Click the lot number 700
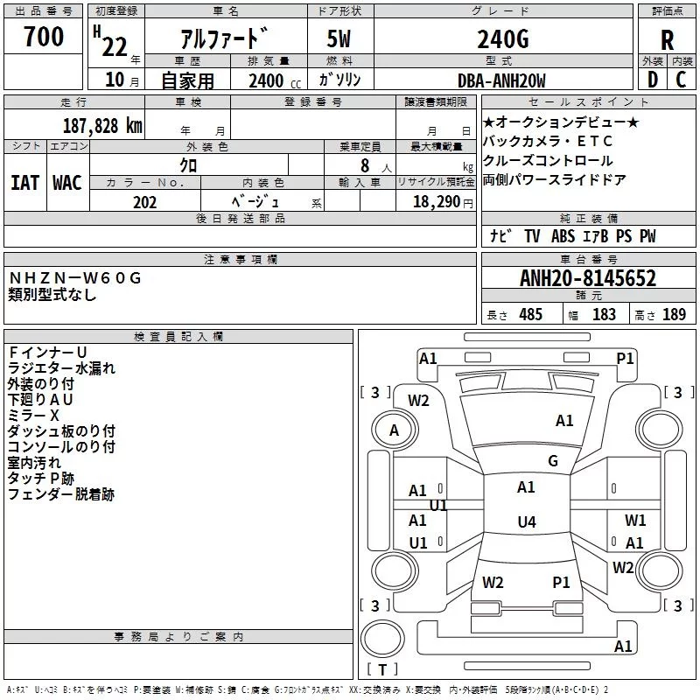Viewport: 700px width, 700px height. click(44, 37)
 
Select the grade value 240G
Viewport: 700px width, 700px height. click(502, 39)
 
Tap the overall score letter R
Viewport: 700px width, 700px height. click(667, 40)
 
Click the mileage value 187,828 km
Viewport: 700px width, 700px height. click(102, 125)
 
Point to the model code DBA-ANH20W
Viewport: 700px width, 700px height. click(501, 80)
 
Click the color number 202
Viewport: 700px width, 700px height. click(145, 202)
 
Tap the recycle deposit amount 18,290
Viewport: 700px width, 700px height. click(436, 202)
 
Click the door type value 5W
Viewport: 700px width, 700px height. click(339, 39)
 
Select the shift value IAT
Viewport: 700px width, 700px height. click(24, 182)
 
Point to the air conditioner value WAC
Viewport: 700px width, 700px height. click(66, 182)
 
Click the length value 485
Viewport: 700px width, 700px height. click(530, 315)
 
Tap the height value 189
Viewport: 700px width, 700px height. click(674, 315)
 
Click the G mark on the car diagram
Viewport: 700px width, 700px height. click(552, 461)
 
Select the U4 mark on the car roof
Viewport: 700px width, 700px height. click(526, 522)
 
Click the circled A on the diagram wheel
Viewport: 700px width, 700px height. click(394, 430)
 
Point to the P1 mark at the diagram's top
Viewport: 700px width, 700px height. click(625, 358)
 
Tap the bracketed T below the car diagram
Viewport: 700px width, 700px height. click(382, 669)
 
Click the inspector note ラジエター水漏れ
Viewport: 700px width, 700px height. click(61, 368)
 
